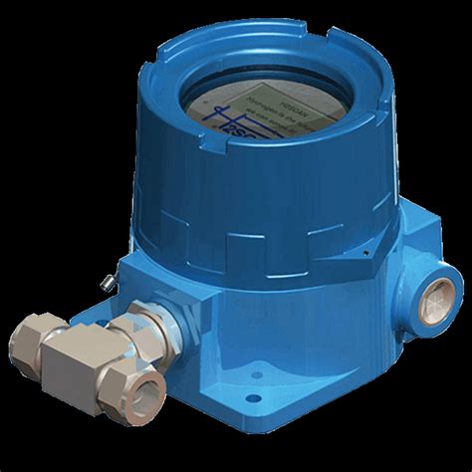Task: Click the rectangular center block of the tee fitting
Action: (75, 353)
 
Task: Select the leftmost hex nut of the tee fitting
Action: (30, 344)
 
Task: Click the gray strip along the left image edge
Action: (4, 236)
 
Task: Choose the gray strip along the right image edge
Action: (467, 236)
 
